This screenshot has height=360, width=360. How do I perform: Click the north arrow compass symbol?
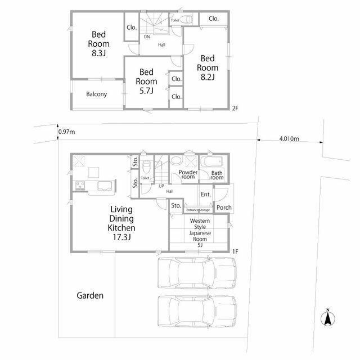(x=328, y=318)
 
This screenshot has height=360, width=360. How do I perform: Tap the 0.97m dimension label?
(x=66, y=132)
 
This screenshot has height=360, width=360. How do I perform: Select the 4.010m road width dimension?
(x=289, y=139)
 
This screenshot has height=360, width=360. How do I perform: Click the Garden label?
(x=90, y=295)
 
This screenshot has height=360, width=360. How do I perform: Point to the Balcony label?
(x=96, y=94)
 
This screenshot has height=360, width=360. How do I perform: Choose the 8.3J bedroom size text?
(x=99, y=53)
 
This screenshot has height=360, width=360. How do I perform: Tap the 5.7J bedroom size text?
(x=146, y=91)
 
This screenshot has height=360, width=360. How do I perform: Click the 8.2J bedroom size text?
(x=208, y=77)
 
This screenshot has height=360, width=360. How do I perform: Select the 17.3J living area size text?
(x=121, y=237)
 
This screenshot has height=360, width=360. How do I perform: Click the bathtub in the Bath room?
(x=211, y=161)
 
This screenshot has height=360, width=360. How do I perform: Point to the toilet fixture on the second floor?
(x=186, y=19)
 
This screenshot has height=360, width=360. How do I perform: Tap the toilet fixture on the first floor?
(x=146, y=167)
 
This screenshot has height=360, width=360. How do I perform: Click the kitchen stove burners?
(x=80, y=186)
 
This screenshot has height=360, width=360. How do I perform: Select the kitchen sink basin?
(x=105, y=186)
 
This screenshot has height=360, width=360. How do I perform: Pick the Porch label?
(x=224, y=208)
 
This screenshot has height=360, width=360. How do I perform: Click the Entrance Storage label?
(x=198, y=210)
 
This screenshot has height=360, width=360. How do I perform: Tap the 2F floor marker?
(x=235, y=108)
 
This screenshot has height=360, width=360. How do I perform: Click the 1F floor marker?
(x=235, y=251)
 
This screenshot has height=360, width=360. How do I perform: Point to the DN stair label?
(x=147, y=37)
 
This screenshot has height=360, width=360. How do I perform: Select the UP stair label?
(x=161, y=186)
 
